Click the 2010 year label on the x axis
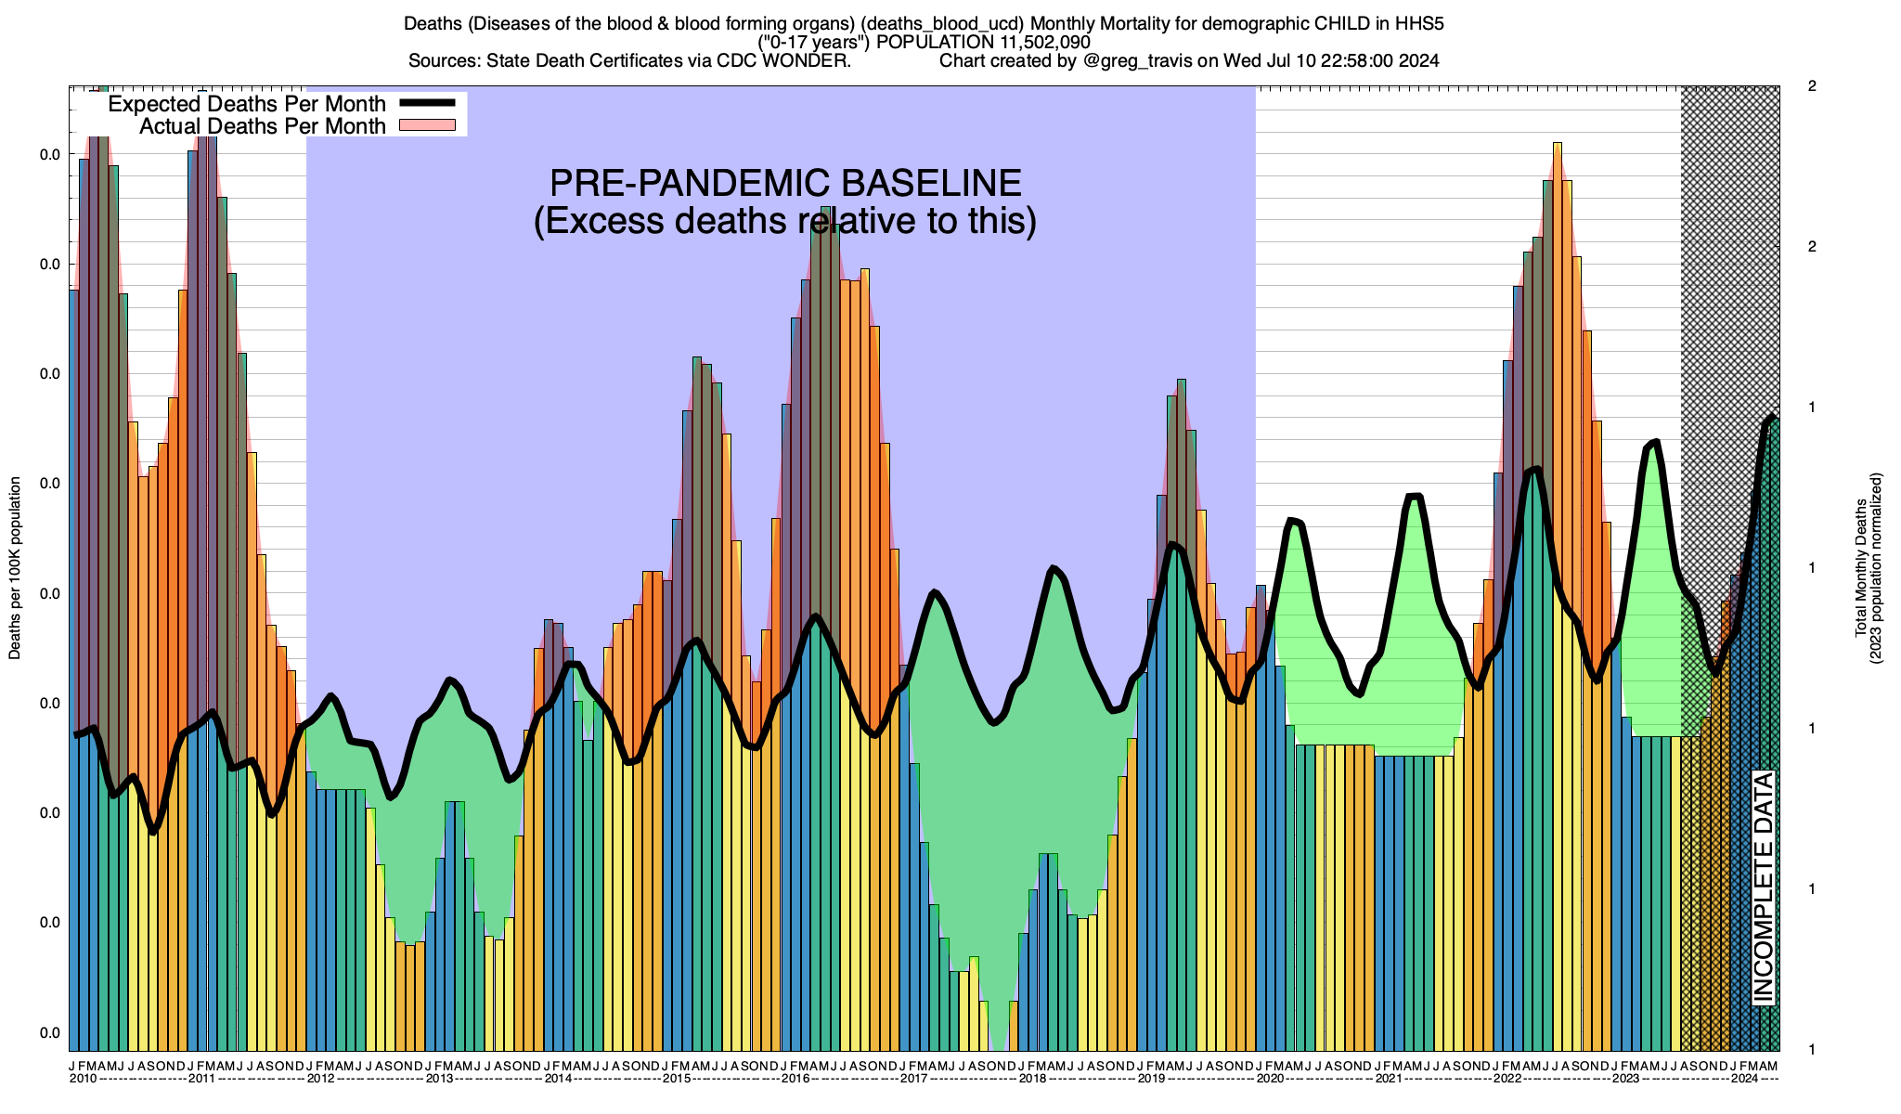point(83,1078)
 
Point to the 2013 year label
point(439,1078)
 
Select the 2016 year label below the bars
point(795,1078)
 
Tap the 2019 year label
point(1151,1078)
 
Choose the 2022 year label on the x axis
point(1507,1078)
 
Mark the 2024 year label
point(1744,1078)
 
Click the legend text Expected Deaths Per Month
point(247,104)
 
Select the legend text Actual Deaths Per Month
point(263,126)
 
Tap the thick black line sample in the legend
point(426,104)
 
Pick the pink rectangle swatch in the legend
point(426,125)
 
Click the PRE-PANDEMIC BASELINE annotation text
point(785,183)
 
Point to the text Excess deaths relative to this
point(785,221)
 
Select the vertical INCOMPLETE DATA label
point(1764,887)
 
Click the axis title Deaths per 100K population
point(15,568)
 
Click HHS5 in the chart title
point(1419,23)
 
